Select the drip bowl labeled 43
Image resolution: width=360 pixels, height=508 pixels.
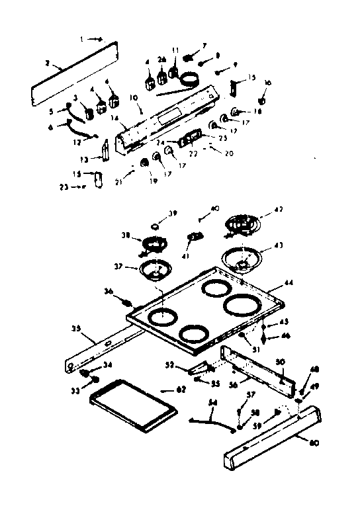click(x=242, y=259)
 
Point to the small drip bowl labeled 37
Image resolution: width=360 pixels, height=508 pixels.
click(x=154, y=269)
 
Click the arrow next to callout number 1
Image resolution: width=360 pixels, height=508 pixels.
click(x=95, y=40)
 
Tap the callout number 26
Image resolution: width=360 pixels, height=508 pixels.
click(x=161, y=60)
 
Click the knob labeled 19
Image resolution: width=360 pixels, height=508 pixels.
click(x=144, y=162)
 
